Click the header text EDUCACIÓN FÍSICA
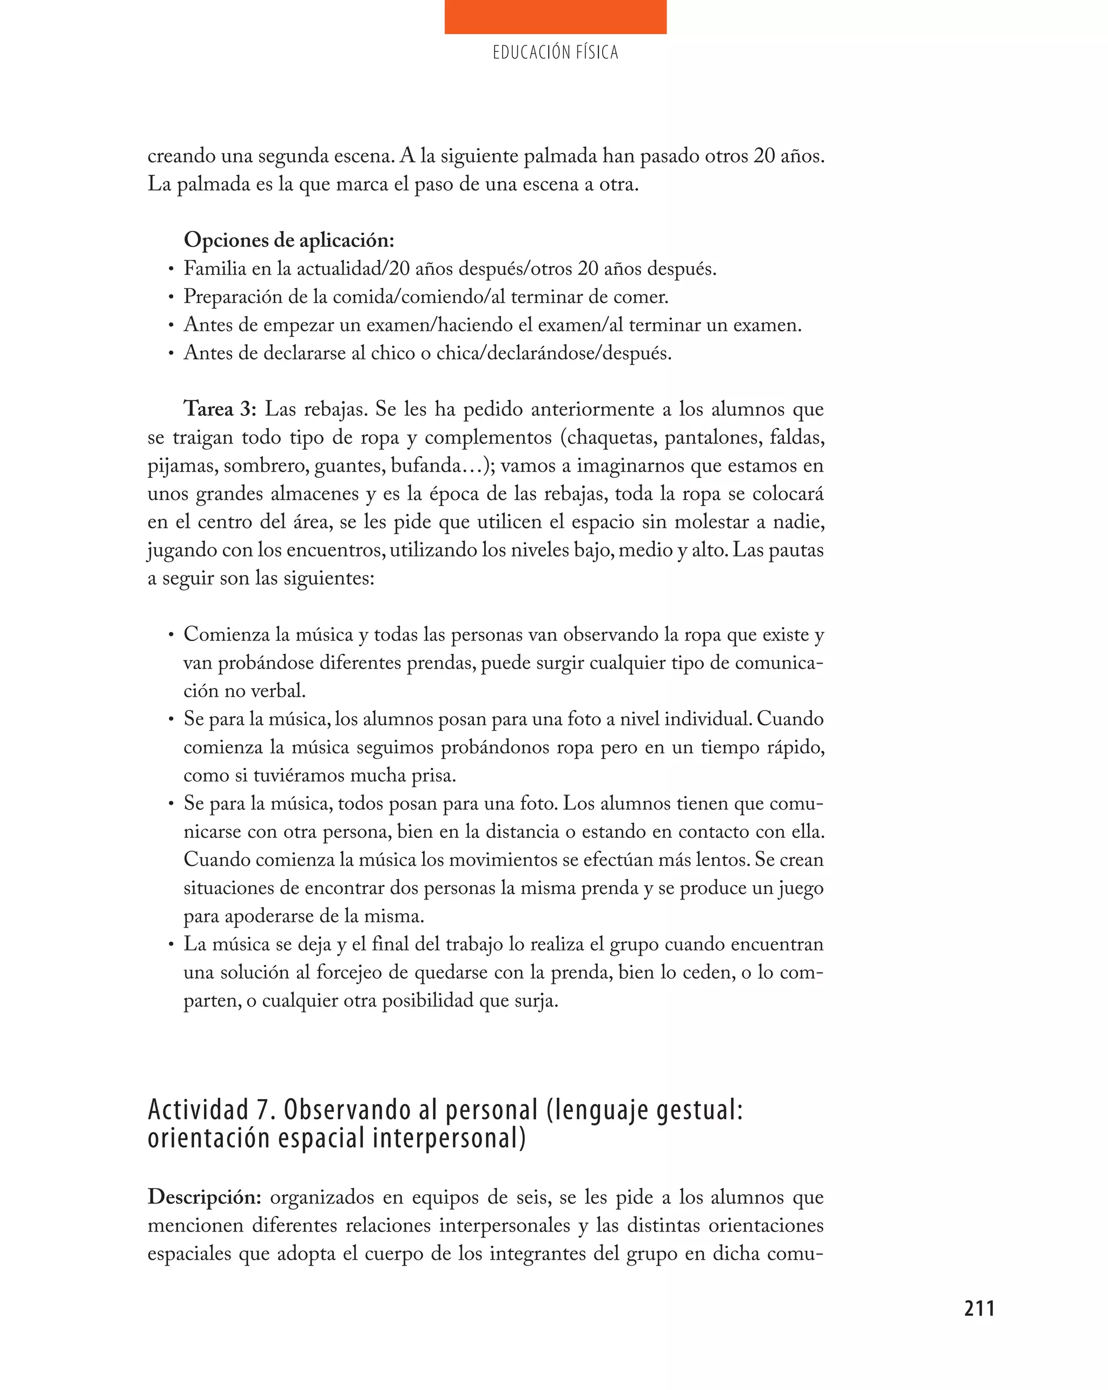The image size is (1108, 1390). tap(555, 53)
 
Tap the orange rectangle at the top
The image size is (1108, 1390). tap(555, 17)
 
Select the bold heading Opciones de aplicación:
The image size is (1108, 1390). tap(288, 241)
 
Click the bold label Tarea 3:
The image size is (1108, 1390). tap(220, 409)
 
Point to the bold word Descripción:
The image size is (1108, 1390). tap(204, 1197)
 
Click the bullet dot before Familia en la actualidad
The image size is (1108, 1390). tap(171, 269)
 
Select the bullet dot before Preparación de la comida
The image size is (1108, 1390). tap(171, 297)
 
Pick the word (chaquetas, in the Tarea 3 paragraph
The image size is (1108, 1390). tap(607, 438)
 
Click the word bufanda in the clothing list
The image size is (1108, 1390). tap(426, 466)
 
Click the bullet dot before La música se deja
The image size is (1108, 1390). tap(171, 944)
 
